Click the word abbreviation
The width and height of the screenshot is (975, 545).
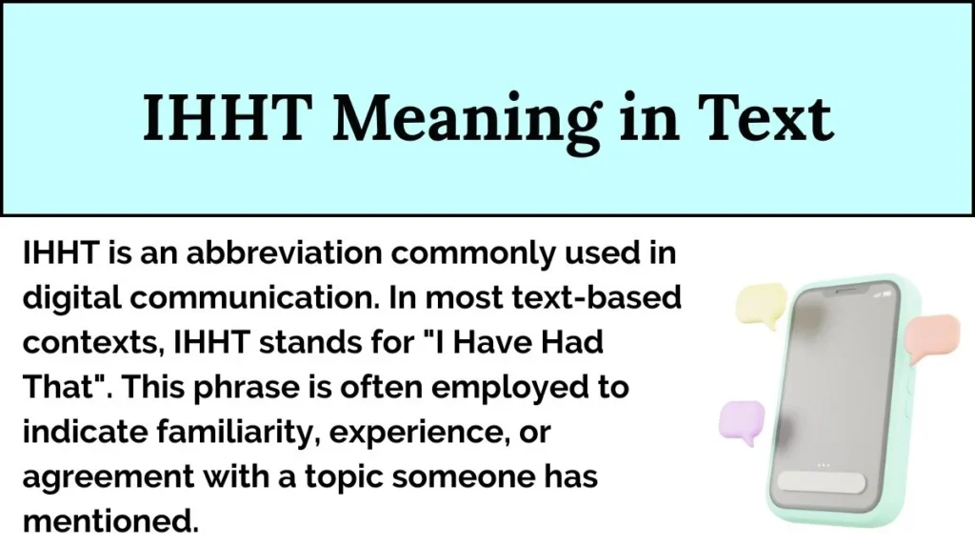pos(269,254)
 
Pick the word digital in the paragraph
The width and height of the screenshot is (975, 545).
pos(70,298)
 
